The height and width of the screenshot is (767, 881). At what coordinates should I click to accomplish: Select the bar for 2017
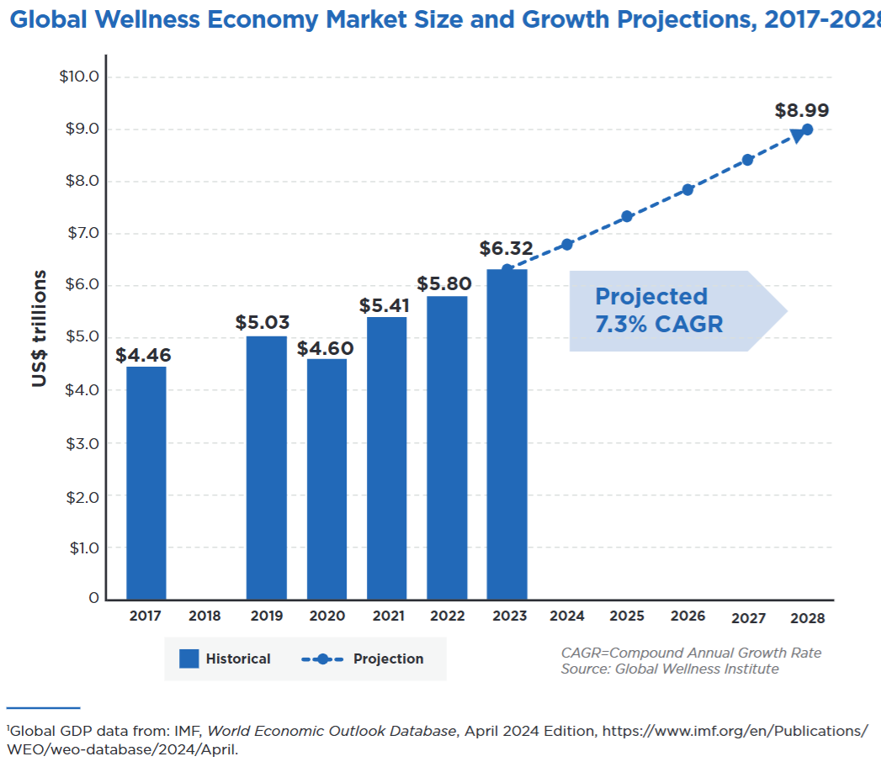click(x=146, y=483)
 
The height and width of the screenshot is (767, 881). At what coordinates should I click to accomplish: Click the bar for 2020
click(x=326, y=479)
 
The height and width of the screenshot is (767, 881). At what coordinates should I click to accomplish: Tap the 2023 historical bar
click(x=507, y=434)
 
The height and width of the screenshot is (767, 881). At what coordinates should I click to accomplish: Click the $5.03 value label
click(x=263, y=323)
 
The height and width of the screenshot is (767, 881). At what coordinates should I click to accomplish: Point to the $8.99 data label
click(x=802, y=110)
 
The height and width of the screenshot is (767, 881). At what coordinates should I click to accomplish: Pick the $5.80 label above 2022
click(x=444, y=283)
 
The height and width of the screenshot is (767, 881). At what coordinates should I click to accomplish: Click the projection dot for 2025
click(x=627, y=217)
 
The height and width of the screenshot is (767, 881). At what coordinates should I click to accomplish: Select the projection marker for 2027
click(x=747, y=160)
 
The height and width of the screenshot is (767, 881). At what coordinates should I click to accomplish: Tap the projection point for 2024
click(x=567, y=244)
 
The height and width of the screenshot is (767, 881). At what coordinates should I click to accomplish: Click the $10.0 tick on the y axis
click(x=79, y=77)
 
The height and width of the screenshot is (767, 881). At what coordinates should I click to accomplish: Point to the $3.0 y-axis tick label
click(x=82, y=443)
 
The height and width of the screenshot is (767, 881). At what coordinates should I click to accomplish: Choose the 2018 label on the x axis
click(x=204, y=616)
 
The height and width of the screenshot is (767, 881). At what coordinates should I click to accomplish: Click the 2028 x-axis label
click(x=808, y=618)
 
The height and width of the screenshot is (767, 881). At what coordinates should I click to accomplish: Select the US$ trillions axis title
click(x=40, y=329)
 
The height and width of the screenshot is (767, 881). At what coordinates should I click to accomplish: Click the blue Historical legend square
click(x=189, y=659)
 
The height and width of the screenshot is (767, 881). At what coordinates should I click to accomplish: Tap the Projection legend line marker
click(x=321, y=659)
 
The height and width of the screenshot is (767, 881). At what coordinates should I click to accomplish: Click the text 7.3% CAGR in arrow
click(x=659, y=325)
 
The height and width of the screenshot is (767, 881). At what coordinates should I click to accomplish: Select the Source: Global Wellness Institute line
click(x=670, y=669)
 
